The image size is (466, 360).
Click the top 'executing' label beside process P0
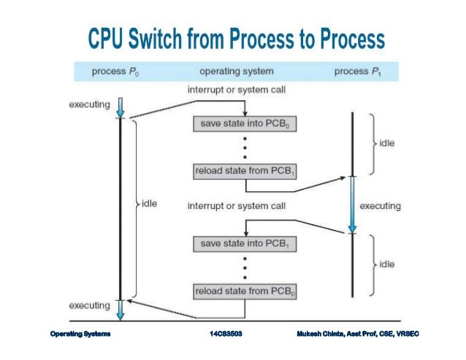pyautogui.click(x=89, y=104)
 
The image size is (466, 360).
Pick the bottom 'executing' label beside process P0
pyautogui.click(x=89, y=304)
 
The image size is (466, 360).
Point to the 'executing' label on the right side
pyautogui.click(x=381, y=206)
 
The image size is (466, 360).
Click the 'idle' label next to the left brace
pyautogui.click(x=149, y=202)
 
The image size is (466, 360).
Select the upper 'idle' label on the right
pyautogui.click(x=387, y=143)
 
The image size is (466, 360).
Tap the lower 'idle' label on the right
pyautogui.click(x=387, y=263)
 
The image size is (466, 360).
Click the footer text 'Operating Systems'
pyautogui.click(x=80, y=334)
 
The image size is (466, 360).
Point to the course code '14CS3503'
pyautogui.click(x=226, y=334)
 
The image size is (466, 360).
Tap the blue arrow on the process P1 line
pyautogui.click(x=352, y=206)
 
